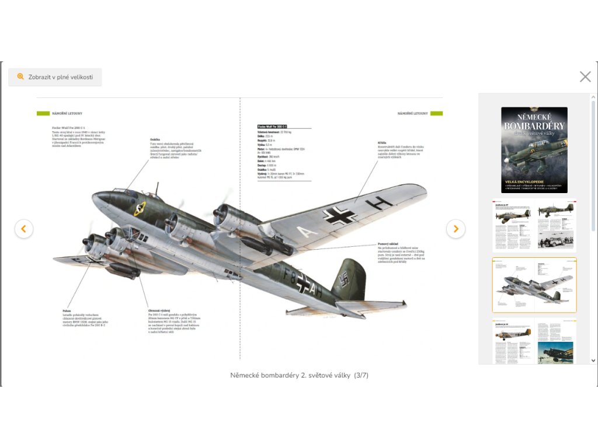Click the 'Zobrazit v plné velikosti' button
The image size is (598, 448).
coord(55,77)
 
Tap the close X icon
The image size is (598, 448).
coord(585,76)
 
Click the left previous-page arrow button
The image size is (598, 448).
coord(23,229)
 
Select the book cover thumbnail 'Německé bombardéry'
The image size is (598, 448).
coord(534,150)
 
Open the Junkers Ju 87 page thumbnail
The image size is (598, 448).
coord(534,226)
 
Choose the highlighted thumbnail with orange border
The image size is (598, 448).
coord(534,285)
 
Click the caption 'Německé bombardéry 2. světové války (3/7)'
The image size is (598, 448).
coord(299,375)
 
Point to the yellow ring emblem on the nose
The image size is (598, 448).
coord(140,208)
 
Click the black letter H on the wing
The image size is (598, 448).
coord(379,204)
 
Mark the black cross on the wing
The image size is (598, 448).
coord(340,216)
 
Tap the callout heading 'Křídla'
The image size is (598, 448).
coord(383,142)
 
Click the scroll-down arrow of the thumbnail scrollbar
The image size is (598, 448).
coord(593,360)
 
